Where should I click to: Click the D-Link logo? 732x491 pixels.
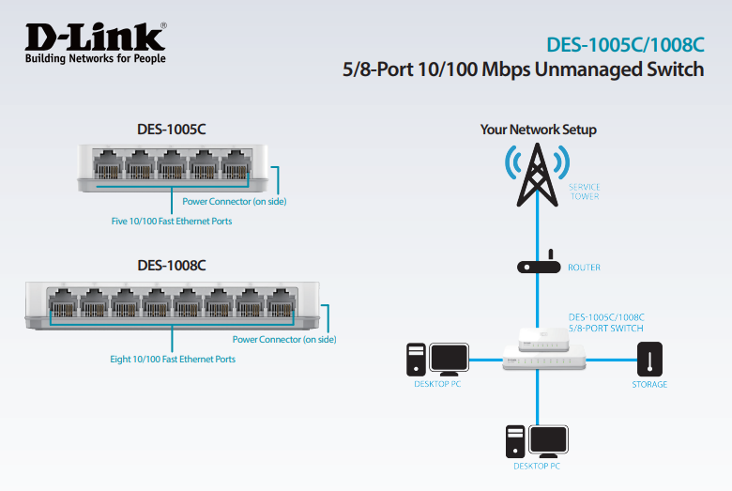95,37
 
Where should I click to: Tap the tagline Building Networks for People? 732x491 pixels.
95,58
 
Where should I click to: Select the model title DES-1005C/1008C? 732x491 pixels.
624,45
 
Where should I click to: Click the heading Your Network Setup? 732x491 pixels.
538,130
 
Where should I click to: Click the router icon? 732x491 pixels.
538,267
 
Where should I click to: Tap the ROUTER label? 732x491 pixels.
584,268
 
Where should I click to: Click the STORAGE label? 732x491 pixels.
649,384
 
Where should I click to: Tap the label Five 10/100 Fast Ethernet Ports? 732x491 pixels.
172,222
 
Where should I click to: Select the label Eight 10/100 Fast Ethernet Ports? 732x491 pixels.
173,359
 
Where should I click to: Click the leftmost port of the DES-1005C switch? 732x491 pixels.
108,165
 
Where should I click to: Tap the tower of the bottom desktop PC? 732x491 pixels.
514,440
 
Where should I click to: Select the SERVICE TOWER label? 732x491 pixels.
584,192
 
